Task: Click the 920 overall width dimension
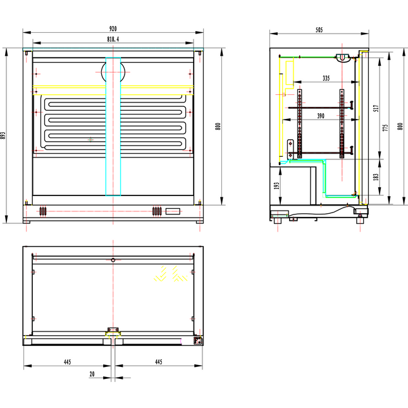tap(113, 29)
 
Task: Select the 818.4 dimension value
tap(113, 40)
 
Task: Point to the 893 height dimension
tap(4, 135)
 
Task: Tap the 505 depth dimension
tap(319, 29)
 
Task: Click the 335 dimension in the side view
tap(325, 78)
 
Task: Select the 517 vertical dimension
tap(376, 108)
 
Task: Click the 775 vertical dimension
tap(385, 128)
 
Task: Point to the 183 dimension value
tap(376, 176)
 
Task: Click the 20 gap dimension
tap(92, 374)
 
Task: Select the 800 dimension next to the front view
tap(218, 126)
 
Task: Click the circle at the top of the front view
tap(113, 70)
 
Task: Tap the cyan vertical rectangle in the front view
tap(113, 127)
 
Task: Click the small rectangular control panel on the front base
tap(172, 211)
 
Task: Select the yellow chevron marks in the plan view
tap(166, 273)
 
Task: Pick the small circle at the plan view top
tap(113, 260)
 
